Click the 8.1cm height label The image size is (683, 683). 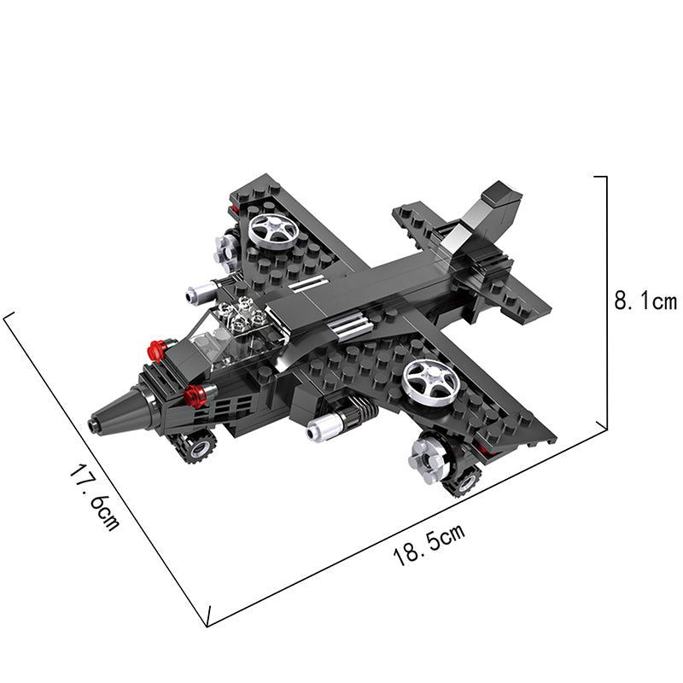click(645, 301)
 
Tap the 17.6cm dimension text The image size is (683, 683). click(94, 498)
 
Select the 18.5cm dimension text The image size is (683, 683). click(429, 545)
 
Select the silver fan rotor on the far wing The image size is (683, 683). click(273, 231)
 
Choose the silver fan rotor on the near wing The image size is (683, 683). click(431, 380)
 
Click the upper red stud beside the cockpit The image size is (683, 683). click(157, 350)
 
